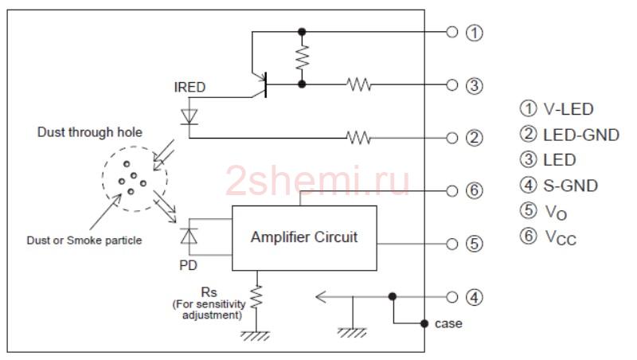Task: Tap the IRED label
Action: click(190, 88)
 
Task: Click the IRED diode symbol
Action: click(189, 117)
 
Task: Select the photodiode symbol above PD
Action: click(189, 236)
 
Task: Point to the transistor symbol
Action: click(260, 84)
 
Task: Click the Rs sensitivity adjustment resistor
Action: click(256, 297)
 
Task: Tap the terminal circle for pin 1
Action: click(452, 32)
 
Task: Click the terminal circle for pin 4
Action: click(452, 297)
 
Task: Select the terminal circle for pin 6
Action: click(452, 190)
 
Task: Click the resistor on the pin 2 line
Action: click(359, 138)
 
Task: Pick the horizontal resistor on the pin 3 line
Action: click(359, 84)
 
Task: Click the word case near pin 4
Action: click(448, 324)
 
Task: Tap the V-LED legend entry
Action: click(557, 108)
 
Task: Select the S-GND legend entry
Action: click(559, 186)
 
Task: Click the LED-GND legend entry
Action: click(569, 135)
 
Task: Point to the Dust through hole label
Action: click(90, 132)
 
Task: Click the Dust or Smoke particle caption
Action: click(84, 241)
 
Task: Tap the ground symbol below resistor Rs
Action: click(256, 335)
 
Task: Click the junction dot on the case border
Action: click(424, 323)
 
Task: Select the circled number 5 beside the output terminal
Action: click(474, 244)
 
